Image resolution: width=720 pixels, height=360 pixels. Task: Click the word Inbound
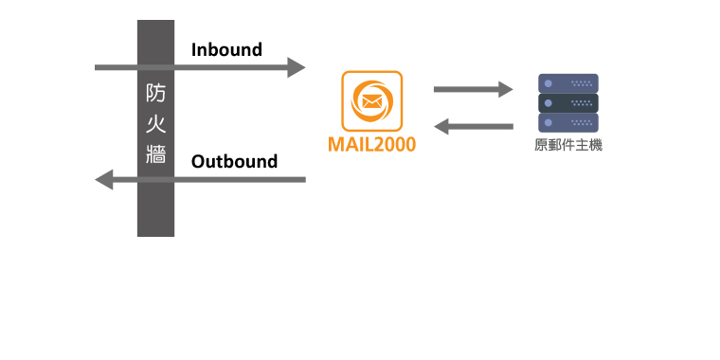226,50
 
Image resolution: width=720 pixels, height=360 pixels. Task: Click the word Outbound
234,161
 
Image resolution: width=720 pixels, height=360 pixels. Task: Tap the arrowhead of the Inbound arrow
297,67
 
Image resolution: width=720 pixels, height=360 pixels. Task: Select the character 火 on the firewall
156,123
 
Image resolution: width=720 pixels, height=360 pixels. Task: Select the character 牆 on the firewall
156,153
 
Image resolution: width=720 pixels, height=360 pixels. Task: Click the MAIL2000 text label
371,145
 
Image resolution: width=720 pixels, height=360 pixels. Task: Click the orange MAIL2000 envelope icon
371,99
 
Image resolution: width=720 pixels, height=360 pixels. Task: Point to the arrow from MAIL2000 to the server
472,90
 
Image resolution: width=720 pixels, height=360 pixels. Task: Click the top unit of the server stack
568,83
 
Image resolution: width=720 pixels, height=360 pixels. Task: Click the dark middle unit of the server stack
568,103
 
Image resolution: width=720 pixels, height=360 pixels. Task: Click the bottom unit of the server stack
568,123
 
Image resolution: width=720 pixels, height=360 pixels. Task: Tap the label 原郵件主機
568,145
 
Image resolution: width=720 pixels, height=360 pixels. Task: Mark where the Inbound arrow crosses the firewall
156,67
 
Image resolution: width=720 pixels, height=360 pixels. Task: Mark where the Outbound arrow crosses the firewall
156,179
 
